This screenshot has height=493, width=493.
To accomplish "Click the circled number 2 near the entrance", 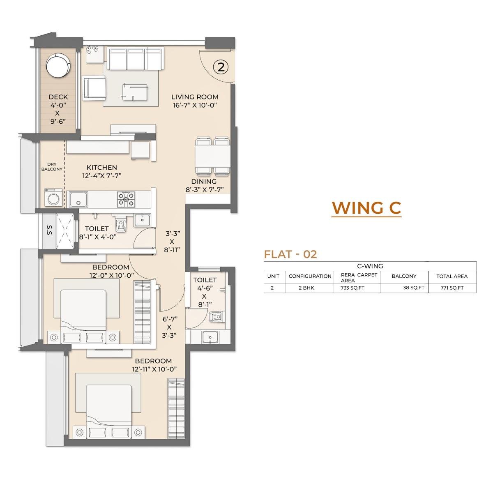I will tap(221, 67).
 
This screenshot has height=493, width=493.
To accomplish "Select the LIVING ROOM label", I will tap(195, 97).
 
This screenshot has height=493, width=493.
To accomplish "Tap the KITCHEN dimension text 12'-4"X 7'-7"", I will tap(102, 175).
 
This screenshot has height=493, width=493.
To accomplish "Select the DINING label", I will tap(204, 182).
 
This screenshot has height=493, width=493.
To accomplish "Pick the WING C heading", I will tap(366, 207).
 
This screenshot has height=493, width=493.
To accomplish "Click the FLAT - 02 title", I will tap(290, 254).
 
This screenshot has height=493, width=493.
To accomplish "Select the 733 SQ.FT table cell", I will tap(352, 288).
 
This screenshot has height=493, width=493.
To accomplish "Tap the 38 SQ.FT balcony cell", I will tap(413, 288).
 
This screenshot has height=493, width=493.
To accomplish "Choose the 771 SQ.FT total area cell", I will tap(452, 288).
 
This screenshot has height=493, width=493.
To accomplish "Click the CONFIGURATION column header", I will tap(310, 276).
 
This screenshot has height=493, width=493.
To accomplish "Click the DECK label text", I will tap(58, 97).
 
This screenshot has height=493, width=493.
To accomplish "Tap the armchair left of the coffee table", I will tap(94, 87).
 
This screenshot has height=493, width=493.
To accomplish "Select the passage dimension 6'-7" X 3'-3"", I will tap(169, 327).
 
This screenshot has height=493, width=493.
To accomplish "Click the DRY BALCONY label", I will tap(52, 167).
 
